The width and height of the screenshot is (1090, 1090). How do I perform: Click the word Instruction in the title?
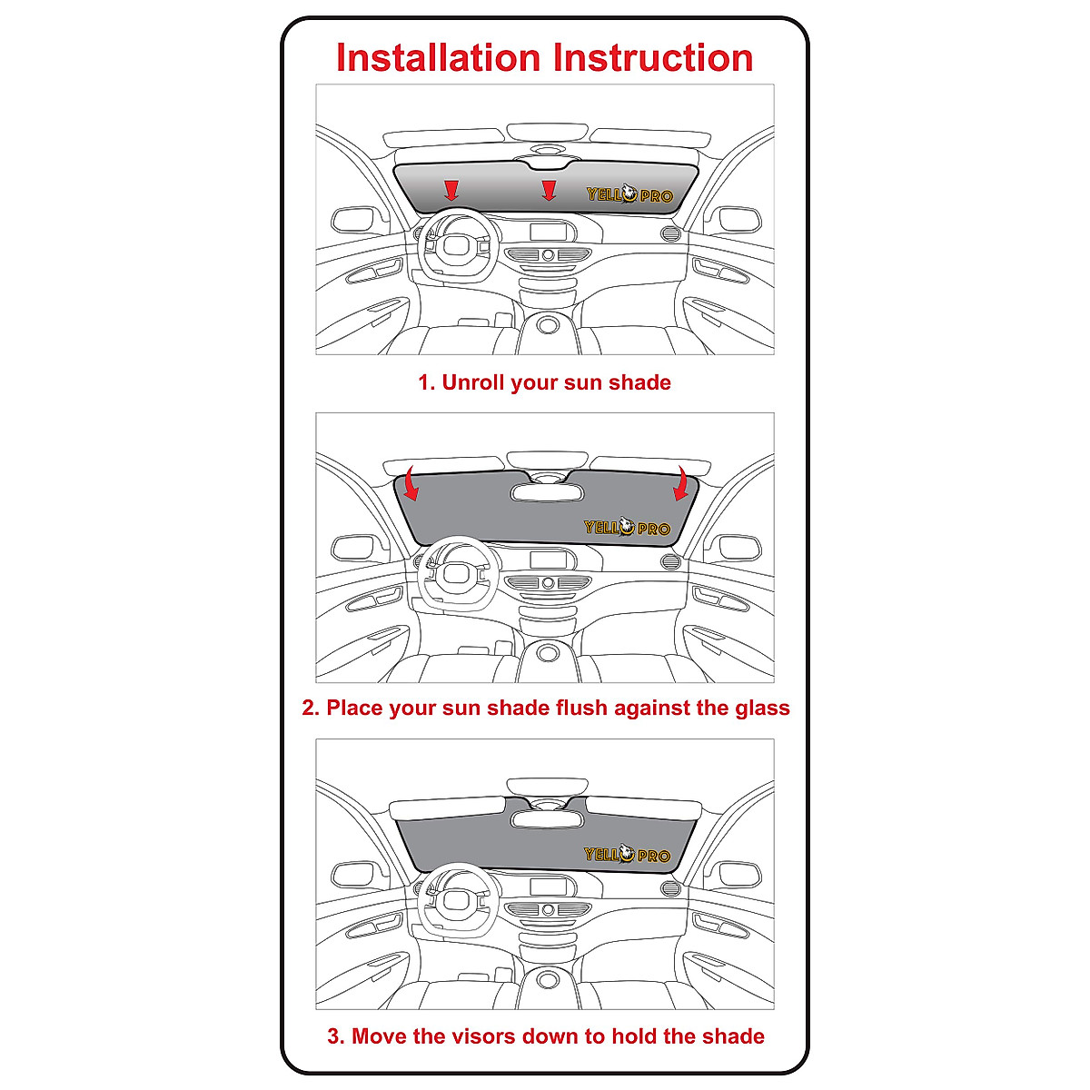[x=654, y=58]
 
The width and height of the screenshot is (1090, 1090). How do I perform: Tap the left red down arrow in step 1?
[x=451, y=190]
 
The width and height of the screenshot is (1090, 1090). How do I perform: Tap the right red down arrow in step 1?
[x=548, y=190]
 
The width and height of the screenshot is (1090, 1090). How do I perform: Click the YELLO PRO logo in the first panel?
[x=629, y=194]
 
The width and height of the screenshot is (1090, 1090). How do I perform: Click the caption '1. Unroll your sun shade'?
[x=544, y=382]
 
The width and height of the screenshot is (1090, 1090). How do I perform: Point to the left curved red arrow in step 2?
[x=411, y=484]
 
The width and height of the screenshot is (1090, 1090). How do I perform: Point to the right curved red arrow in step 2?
[x=679, y=484]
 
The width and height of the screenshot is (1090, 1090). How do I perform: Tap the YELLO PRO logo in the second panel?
[x=627, y=528]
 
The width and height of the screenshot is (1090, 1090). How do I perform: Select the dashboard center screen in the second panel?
[x=548, y=559]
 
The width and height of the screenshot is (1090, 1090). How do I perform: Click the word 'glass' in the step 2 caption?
[x=762, y=708]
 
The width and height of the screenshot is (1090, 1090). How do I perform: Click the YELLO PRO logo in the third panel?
[x=627, y=855]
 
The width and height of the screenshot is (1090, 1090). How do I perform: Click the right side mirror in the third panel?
[x=735, y=876]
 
